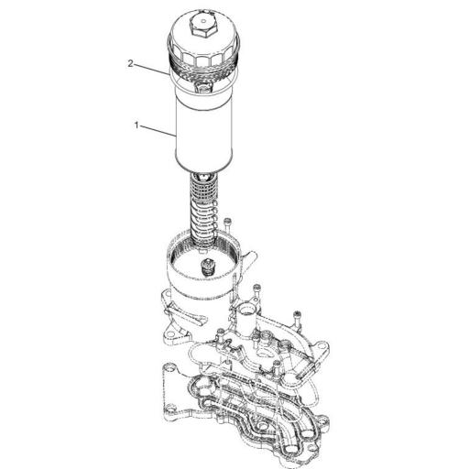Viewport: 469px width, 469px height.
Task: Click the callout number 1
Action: coord(136,125)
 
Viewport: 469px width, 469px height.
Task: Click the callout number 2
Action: coord(130,64)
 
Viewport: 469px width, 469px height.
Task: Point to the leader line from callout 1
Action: coord(158,130)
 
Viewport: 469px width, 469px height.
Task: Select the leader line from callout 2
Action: coord(151,70)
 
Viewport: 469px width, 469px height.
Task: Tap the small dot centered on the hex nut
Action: coord(203,22)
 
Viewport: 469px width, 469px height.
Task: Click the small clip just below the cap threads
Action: coord(202,87)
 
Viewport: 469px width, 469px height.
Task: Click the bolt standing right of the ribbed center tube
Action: coord(227,226)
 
